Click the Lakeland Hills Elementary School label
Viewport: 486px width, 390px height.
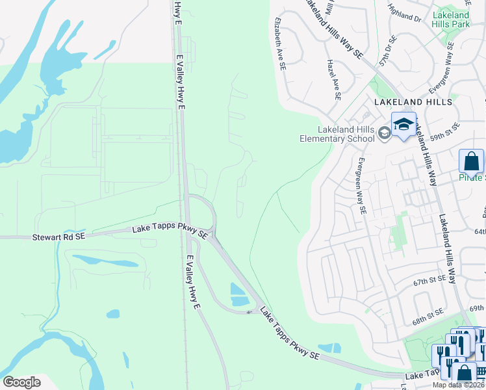point(337,133)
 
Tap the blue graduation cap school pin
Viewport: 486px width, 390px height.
point(403,124)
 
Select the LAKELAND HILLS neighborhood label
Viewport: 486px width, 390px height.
point(413,103)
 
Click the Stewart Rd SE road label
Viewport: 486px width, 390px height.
point(58,238)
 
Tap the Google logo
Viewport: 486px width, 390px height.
point(21,382)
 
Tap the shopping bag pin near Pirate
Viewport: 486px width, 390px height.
point(471,161)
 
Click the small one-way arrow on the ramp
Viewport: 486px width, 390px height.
point(248,312)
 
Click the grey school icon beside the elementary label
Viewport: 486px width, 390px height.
point(385,134)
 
